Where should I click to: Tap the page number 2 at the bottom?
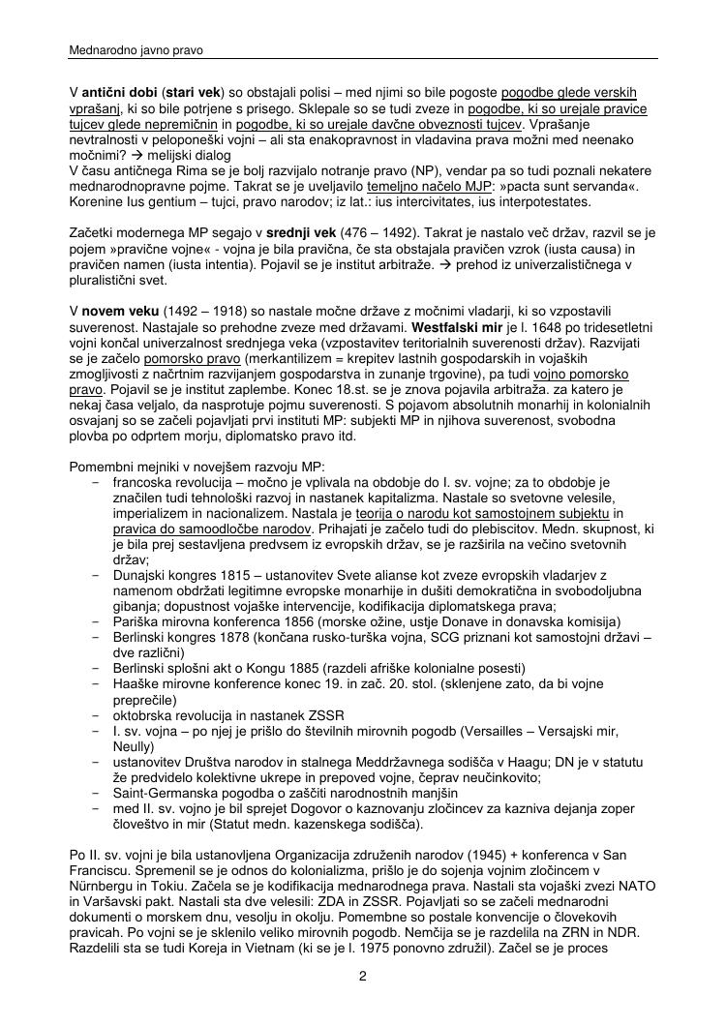tap(362, 977)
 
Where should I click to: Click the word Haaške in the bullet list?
tap(136, 683)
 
